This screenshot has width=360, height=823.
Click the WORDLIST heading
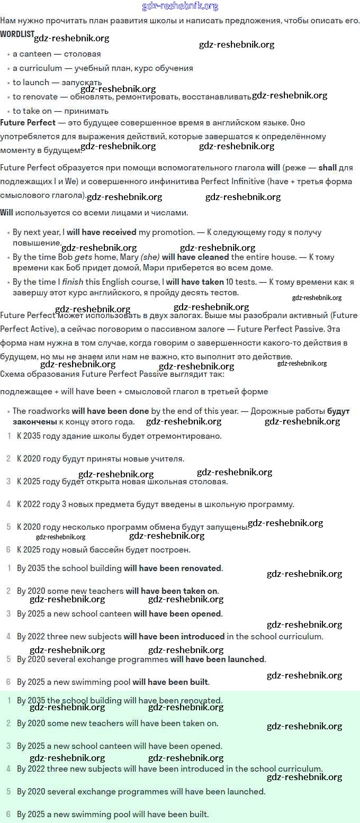coord(17,34)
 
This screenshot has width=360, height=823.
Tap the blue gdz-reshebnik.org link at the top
coord(180,6)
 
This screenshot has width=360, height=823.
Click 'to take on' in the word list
coord(32,111)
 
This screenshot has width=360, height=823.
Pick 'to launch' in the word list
coord(31,83)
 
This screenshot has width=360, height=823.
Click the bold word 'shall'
coord(327,168)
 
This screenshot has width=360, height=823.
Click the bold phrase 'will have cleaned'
coord(195,257)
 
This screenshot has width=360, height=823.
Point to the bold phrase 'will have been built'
coord(170,682)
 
